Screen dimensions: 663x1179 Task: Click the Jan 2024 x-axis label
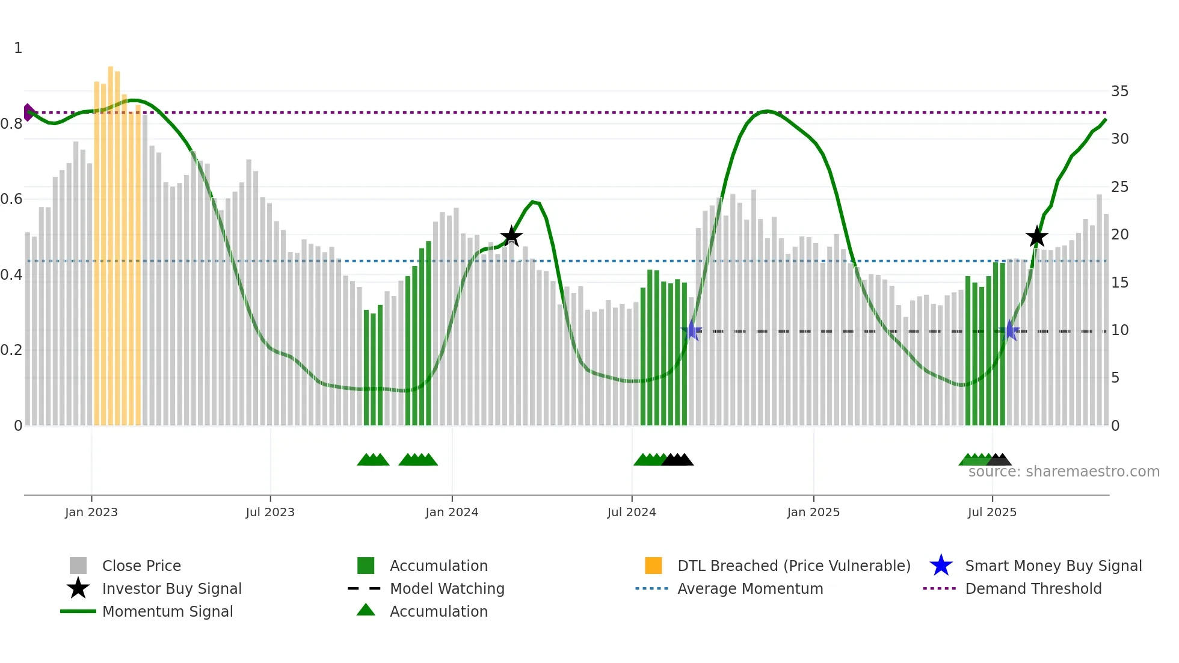coord(452,513)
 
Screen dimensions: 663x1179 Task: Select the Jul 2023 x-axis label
coord(270,513)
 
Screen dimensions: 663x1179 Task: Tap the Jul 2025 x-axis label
coord(992,513)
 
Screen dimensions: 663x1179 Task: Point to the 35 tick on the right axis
coord(1119,91)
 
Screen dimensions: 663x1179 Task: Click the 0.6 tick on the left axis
coord(11,199)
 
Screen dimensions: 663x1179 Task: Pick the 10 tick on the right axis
coord(1119,330)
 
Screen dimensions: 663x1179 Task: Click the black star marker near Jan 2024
coord(511,236)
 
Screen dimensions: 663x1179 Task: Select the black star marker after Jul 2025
coord(1036,236)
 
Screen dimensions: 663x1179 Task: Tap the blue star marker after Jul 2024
coord(691,330)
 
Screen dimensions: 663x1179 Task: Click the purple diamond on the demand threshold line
coord(28,113)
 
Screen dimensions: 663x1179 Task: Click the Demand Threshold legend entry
coord(1033,589)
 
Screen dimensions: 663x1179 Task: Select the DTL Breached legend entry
coord(793,566)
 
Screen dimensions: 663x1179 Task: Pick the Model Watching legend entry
coord(447,589)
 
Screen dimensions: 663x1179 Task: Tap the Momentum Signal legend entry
coord(167,612)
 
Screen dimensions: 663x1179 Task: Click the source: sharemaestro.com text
coord(1064,472)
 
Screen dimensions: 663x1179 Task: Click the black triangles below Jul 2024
coord(678,460)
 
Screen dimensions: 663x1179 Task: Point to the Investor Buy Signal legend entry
coord(171,589)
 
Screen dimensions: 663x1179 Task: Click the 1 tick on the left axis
coord(18,48)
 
